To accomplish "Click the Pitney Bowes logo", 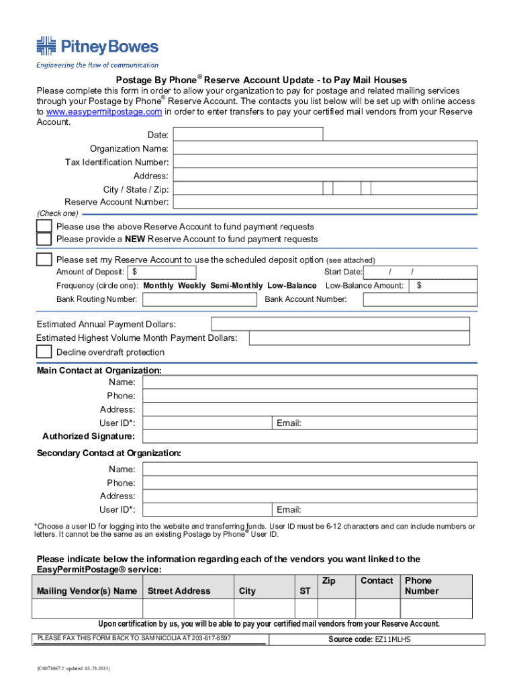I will point(97,47).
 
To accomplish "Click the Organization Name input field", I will point(324,148).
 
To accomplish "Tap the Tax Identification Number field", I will point(324,162).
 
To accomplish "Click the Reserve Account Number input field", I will point(324,202).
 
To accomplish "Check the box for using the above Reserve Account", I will point(44,227).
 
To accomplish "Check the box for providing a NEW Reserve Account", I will point(44,240).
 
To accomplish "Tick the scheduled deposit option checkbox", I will point(44,260).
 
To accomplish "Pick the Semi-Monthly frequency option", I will point(236,286).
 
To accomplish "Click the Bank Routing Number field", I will point(199,299).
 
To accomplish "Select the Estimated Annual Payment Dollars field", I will point(340,324).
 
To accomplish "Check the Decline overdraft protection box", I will point(44,352).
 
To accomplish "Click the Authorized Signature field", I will point(310,437).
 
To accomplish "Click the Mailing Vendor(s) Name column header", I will point(87,591).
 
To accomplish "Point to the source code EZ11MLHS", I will point(392,639).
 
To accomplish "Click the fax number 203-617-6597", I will point(209,637).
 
